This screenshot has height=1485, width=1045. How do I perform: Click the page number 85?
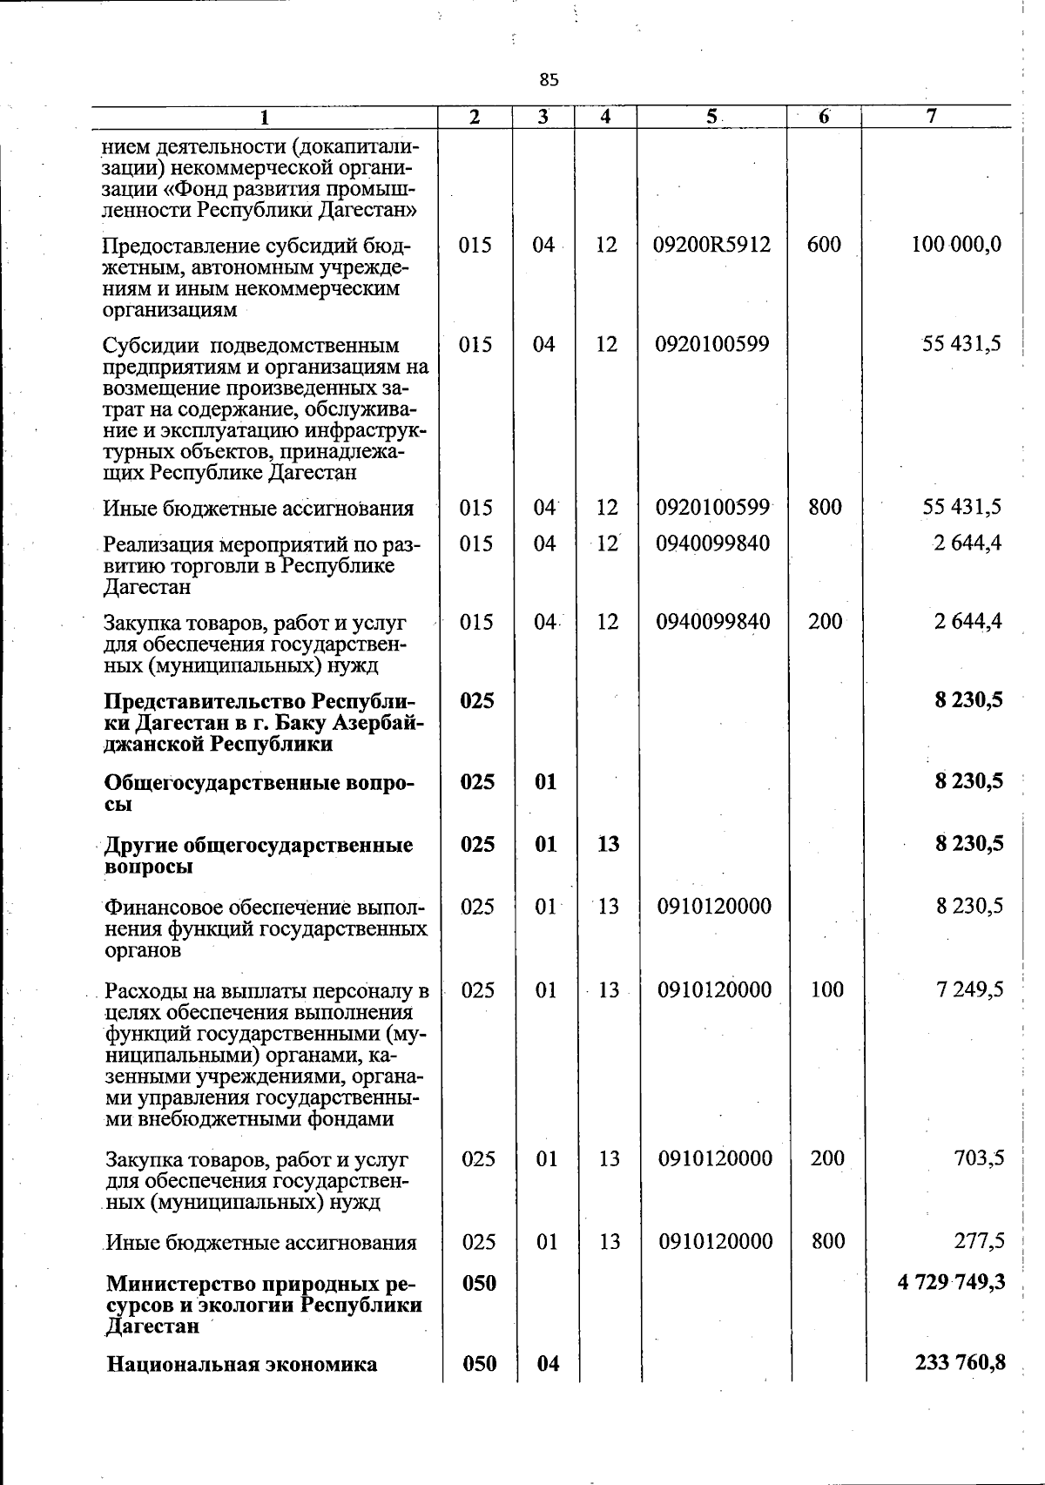(x=548, y=80)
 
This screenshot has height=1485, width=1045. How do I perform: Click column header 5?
(x=711, y=117)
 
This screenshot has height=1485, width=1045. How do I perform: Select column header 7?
(x=932, y=117)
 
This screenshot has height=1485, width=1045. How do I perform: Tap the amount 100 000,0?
(x=956, y=245)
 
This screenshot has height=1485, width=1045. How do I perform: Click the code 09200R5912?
(x=712, y=245)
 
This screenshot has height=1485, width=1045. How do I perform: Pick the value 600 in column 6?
(x=824, y=245)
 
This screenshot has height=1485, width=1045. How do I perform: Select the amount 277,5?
(x=979, y=1240)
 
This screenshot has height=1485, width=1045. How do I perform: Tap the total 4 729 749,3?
(x=951, y=1282)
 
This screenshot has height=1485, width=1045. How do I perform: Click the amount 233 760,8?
(x=961, y=1362)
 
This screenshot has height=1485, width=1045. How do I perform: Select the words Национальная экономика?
(x=241, y=1364)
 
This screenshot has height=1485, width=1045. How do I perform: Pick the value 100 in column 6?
(x=826, y=989)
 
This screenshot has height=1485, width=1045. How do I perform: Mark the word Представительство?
(x=206, y=702)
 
